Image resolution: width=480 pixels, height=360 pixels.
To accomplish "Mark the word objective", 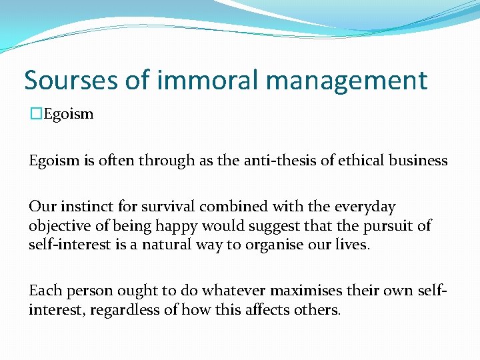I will tap(57, 226).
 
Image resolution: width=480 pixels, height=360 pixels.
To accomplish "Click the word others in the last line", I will tap(319, 310).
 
